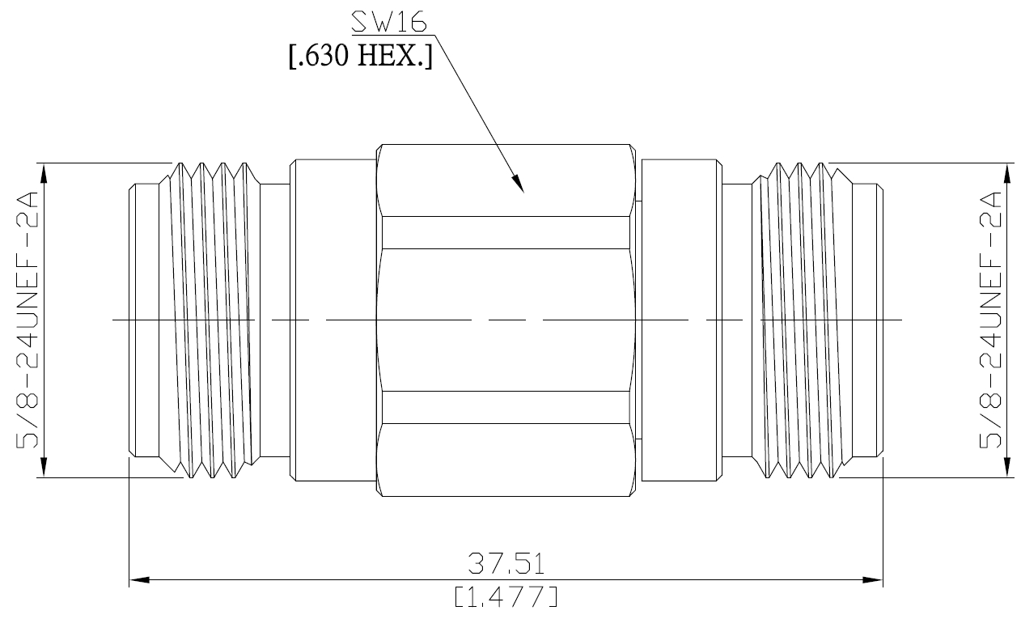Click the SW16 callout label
389,22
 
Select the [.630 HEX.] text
361,56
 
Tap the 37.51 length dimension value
506,563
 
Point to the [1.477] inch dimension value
506,596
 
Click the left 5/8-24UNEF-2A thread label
28,320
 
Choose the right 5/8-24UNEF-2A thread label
990,320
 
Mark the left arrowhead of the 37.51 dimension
139,580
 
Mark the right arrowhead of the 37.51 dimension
872,580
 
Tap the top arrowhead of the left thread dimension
44,173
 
